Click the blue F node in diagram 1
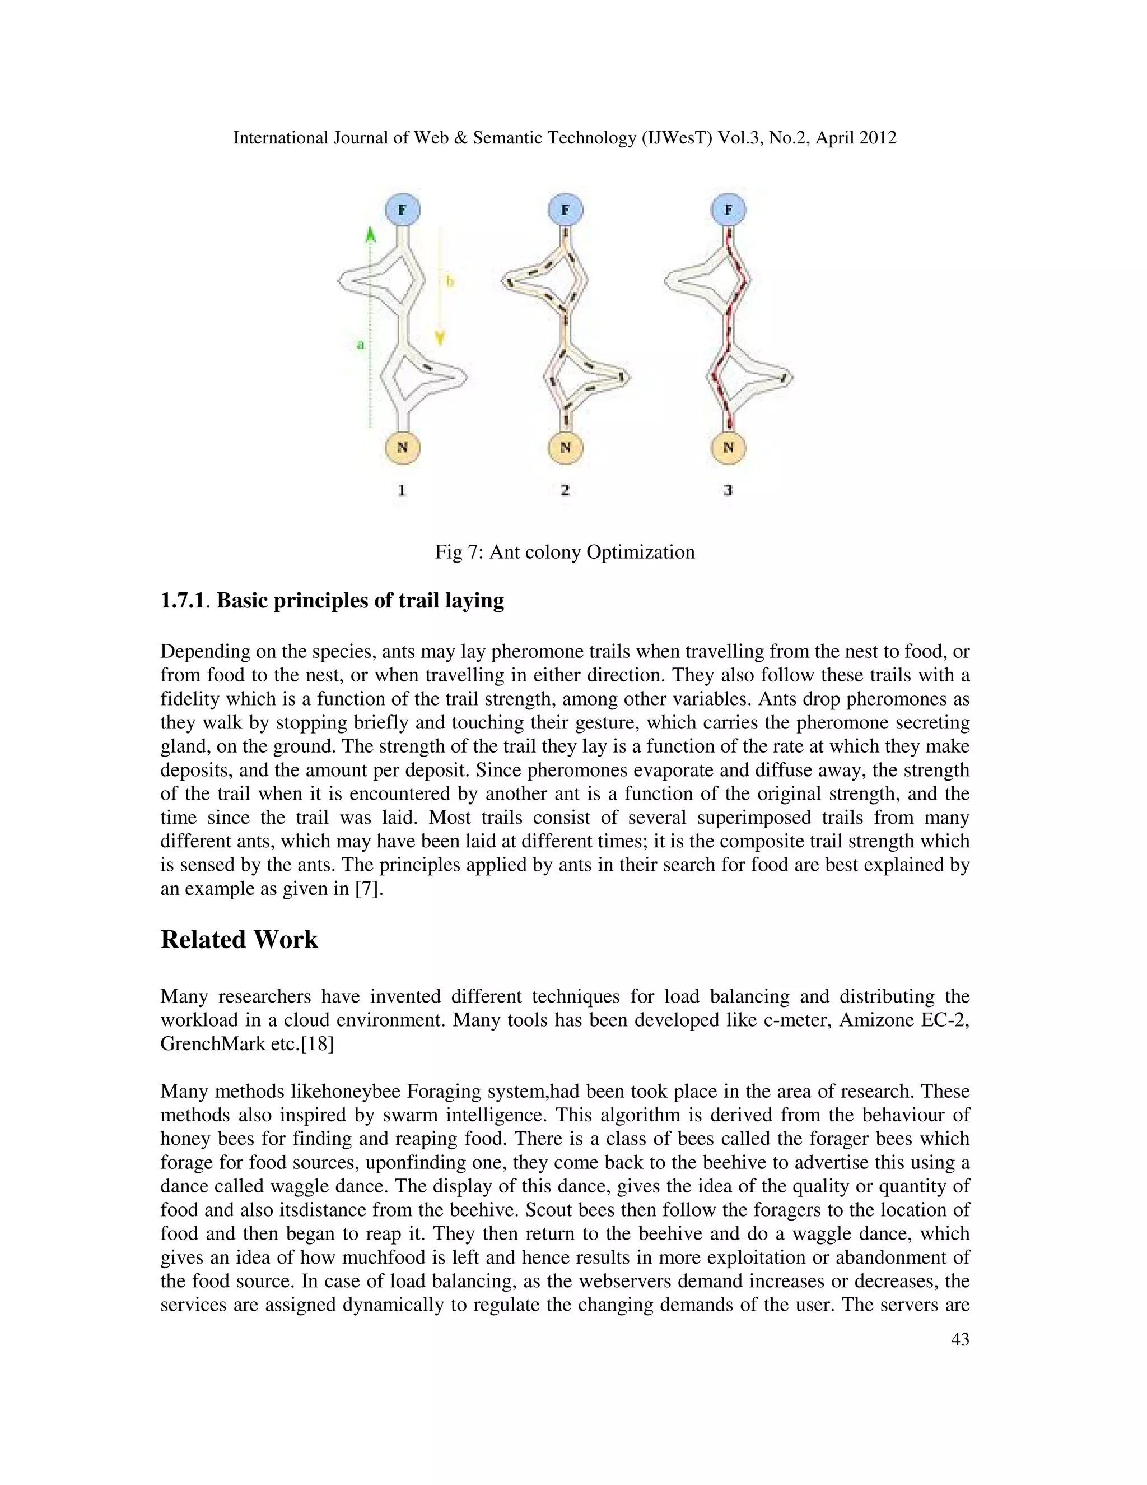pyautogui.click(x=402, y=210)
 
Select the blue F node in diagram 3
pyautogui.click(x=729, y=210)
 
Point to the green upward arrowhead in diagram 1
pyautogui.click(x=370, y=235)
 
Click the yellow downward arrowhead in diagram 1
pyautogui.click(x=440, y=338)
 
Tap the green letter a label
pyautogui.click(x=360, y=345)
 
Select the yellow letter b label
pyautogui.click(x=449, y=281)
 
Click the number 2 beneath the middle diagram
pyautogui.click(x=565, y=490)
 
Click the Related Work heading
pyautogui.click(x=239, y=940)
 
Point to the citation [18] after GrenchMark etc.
pyautogui.click(x=318, y=1044)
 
